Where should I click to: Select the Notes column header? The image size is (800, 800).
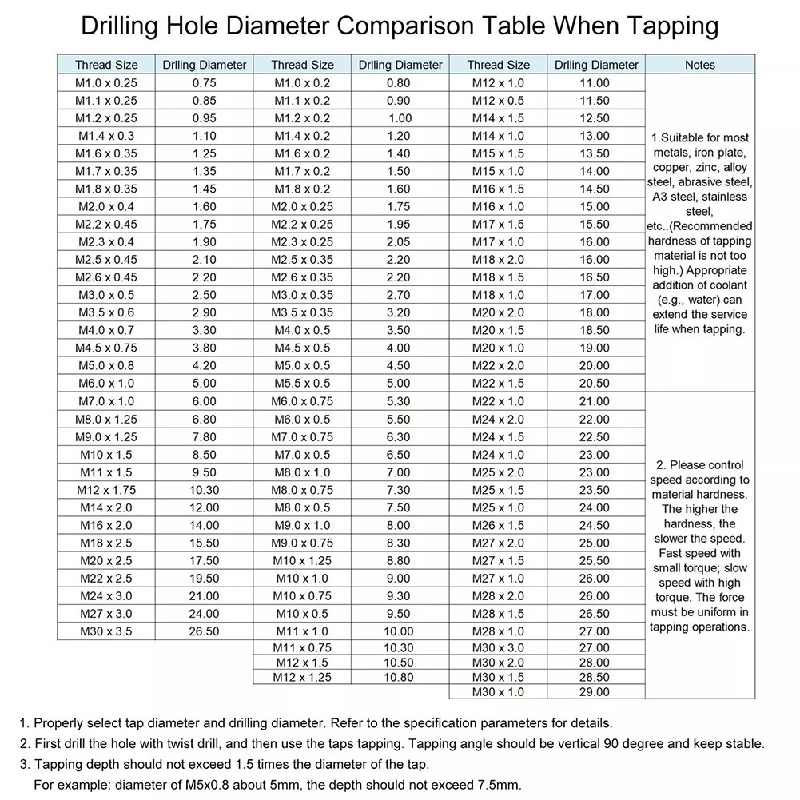tap(699, 65)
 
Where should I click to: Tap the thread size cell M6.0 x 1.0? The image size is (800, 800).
tap(106, 383)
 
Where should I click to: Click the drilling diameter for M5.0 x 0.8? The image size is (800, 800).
tap(205, 365)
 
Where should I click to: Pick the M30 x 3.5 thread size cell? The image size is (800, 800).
tap(106, 631)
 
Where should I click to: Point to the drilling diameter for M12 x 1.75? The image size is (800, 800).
tap(205, 490)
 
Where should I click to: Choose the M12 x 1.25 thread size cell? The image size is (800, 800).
tap(302, 677)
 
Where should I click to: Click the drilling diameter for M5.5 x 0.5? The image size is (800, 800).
tap(399, 383)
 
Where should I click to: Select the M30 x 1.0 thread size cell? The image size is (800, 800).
tap(498, 691)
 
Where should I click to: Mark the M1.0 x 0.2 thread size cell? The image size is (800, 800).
tap(302, 83)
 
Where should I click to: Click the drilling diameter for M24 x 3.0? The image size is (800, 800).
tap(205, 596)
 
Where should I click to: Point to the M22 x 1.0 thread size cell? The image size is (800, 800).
tap(498, 401)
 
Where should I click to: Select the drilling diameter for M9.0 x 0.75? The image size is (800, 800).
tap(399, 543)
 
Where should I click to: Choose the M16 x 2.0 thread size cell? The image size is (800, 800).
tap(106, 525)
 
